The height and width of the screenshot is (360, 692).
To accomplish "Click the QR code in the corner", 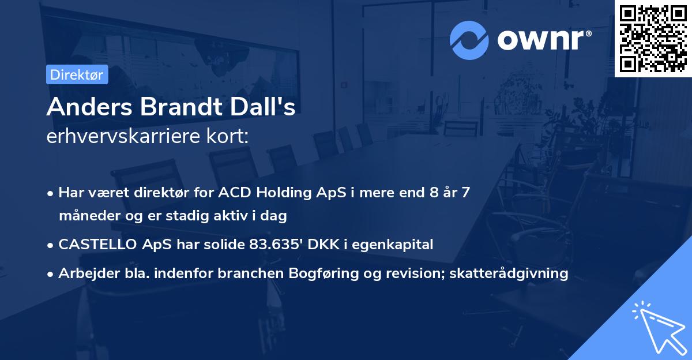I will pos(653,39).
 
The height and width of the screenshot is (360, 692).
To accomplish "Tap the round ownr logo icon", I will pos(469,40).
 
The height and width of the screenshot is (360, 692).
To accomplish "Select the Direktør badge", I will pos(77,74).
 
